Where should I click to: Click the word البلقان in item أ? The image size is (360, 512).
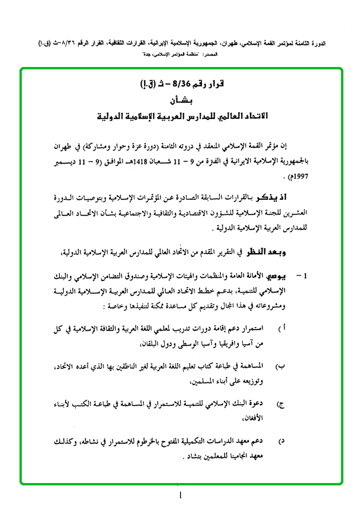coord(155,342)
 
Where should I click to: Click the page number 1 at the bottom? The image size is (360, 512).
coord(180,496)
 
